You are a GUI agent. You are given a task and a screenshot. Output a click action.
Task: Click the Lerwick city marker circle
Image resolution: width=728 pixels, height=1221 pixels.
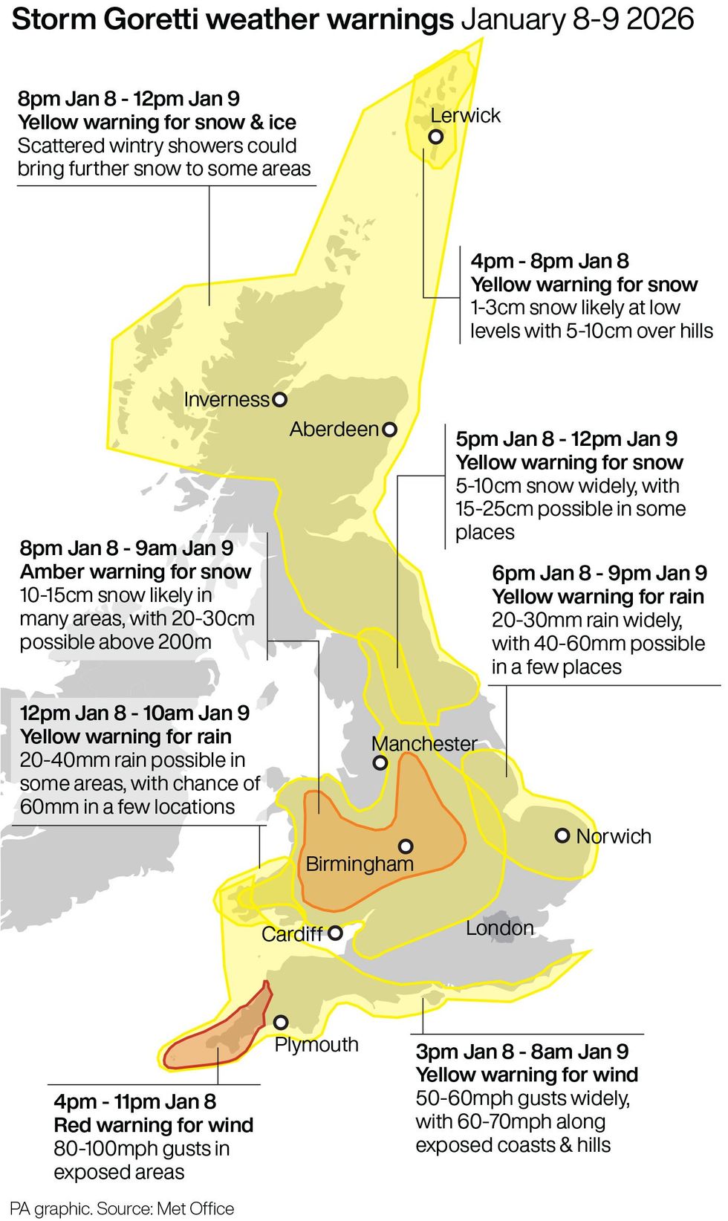click(x=436, y=137)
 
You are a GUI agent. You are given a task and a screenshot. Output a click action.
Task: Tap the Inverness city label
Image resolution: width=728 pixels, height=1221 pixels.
click(x=226, y=400)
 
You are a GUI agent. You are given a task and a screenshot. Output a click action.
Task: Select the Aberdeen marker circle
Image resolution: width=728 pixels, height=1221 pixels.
click(x=389, y=429)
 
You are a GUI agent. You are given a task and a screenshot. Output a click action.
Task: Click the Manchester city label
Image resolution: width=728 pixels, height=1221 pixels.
click(x=424, y=743)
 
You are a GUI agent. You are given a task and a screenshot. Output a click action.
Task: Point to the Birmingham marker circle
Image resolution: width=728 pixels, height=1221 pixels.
click(x=406, y=846)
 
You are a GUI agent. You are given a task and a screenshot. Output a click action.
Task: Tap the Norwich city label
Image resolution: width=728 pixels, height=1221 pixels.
click(x=614, y=836)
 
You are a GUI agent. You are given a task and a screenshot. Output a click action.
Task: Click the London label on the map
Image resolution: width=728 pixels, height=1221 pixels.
click(x=499, y=927)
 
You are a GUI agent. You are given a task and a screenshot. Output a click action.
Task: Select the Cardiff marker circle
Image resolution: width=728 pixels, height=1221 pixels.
click(x=336, y=933)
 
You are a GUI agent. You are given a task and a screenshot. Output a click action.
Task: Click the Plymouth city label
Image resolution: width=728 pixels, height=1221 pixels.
click(x=316, y=1044)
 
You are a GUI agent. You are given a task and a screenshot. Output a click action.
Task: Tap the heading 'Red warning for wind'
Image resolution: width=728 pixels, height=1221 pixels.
click(x=154, y=1125)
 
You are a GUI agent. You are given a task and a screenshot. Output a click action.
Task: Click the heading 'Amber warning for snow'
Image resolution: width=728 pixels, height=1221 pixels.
click(x=136, y=571)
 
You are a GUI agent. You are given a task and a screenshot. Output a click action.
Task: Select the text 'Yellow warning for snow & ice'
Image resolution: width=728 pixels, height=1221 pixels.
click(x=157, y=122)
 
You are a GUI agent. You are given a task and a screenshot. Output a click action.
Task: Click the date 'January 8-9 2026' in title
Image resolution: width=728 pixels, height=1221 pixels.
click(x=577, y=19)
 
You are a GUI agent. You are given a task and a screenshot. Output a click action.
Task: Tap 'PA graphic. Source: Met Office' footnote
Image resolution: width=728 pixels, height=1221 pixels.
click(x=122, y=1208)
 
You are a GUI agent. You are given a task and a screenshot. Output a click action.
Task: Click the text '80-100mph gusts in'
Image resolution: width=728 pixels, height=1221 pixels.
click(x=141, y=1148)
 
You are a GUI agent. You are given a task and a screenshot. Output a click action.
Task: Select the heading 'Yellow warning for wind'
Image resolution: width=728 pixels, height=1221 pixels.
click(x=527, y=1075)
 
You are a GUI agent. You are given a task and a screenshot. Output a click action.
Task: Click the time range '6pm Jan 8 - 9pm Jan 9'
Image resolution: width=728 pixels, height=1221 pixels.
click(x=599, y=573)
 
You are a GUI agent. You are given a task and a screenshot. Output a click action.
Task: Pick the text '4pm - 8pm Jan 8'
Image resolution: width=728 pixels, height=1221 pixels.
click(x=550, y=261)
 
